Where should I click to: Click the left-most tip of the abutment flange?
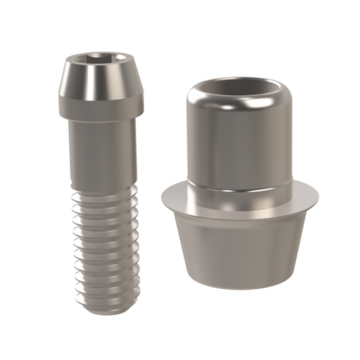pyautogui.click(x=160, y=196)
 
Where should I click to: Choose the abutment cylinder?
pyautogui.click(x=238, y=187)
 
